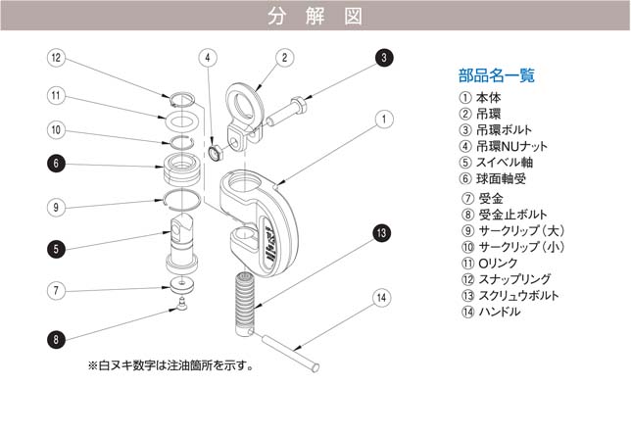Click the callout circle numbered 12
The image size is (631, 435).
point(57,59)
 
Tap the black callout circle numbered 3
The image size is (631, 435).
point(384,58)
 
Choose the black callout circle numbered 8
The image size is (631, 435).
point(57,339)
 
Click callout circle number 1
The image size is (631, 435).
point(384,120)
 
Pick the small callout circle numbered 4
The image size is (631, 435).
point(209,58)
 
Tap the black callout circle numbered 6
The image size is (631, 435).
point(57,164)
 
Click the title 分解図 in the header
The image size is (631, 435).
point(315,16)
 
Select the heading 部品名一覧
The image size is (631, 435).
point(497,75)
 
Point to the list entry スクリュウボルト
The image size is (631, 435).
point(507,296)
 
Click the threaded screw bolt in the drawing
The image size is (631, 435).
point(244,294)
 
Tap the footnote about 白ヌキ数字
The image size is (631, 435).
point(171,366)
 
